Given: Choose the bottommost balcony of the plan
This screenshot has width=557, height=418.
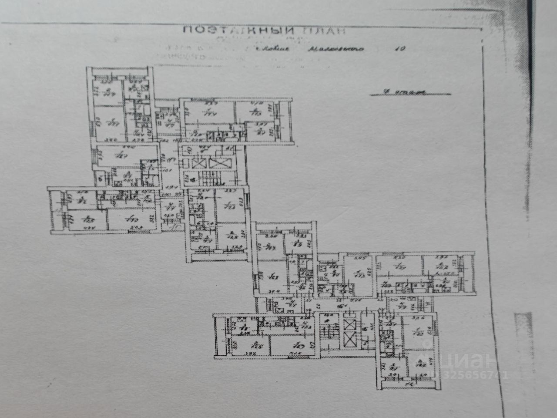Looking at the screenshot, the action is point(409,384).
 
